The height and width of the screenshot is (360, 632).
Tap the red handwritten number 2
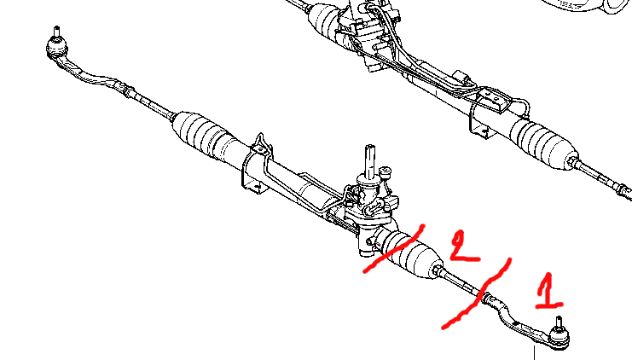point(463,246)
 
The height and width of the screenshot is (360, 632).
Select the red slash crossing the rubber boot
point(394,250)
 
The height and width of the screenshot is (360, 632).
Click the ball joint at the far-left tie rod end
point(57,48)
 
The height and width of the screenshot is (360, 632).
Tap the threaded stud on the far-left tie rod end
point(57,31)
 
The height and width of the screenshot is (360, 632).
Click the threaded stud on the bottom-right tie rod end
point(559,322)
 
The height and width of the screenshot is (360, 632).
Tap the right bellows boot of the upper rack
point(544,143)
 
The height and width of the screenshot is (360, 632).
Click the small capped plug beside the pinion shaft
point(386,172)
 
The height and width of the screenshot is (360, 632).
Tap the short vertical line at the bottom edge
point(535,352)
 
